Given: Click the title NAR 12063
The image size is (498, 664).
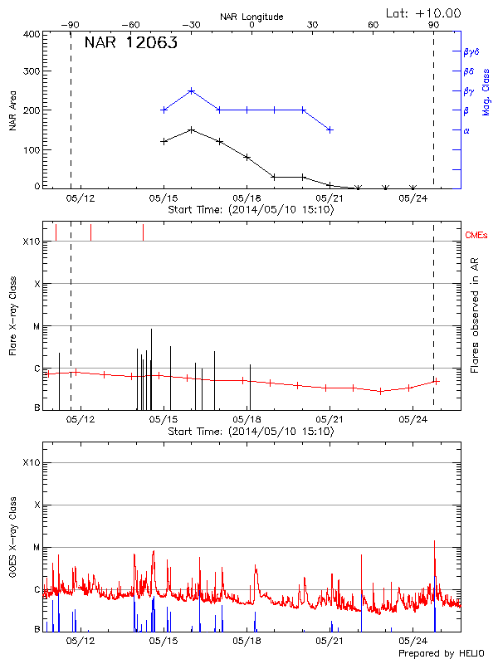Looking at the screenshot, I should (130, 44).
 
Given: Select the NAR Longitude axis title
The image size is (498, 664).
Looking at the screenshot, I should (251, 16).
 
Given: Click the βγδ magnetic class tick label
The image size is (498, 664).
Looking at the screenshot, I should (471, 51).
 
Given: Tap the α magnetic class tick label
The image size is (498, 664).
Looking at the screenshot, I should (466, 130).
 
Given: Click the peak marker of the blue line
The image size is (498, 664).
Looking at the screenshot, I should (192, 90).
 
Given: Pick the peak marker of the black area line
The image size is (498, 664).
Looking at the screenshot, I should (192, 129).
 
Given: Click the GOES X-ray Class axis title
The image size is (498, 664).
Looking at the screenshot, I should (12, 537).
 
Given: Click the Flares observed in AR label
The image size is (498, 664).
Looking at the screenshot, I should (474, 315).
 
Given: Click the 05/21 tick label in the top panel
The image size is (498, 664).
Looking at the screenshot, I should (330, 198).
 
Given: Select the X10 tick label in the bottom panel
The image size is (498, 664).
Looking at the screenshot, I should (32, 462).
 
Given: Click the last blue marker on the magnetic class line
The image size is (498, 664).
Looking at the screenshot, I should (330, 129).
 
